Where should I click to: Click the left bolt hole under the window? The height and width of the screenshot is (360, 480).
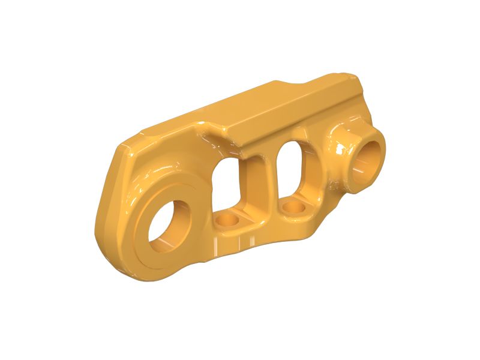click(227, 221)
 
